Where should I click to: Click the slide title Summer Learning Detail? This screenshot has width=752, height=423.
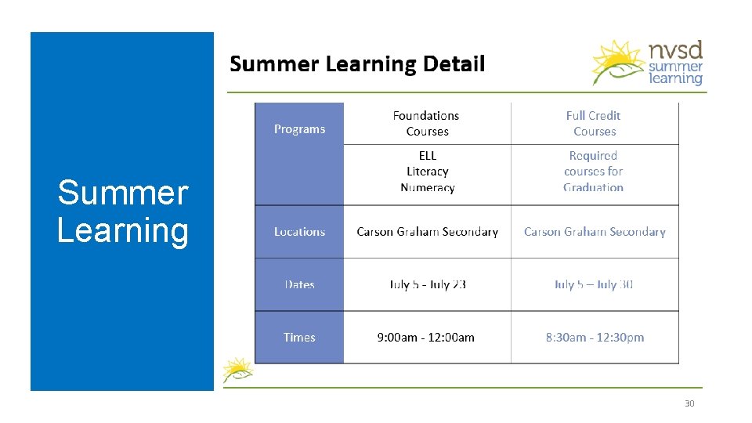click(x=357, y=63)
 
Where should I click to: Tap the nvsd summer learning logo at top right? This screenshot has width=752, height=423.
click(x=649, y=63)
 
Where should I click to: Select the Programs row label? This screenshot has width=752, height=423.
click(x=299, y=129)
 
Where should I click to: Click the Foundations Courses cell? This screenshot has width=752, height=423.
click(x=427, y=124)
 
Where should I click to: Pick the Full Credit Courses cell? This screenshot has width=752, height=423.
click(x=594, y=124)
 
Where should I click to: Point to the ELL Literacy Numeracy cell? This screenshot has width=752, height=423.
click(x=427, y=172)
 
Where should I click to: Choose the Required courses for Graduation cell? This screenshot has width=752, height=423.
click(x=594, y=172)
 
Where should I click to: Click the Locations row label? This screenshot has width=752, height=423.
click(x=299, y=232)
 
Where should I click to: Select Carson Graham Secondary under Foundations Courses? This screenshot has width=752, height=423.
click(x=427, y=232)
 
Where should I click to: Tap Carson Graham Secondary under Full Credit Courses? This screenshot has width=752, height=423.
click(x=595, y=232)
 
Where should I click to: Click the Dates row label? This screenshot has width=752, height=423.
click(x=299, y=284)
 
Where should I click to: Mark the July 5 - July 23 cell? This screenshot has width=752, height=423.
click(x=428, y=284)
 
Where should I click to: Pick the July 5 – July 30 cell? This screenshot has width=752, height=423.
click(x=594, y=284)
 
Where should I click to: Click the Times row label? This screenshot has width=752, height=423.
click(x=299, y=338)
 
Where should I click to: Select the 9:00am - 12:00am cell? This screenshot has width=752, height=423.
click(x=426, y=338)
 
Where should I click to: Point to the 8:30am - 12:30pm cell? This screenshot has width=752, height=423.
click(x=595, y=338)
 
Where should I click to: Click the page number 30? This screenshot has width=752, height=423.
click(x=689, y=403)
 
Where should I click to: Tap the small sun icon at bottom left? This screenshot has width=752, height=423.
click(x=237, y=370)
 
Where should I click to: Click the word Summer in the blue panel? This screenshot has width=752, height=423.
click(x=123, y=193)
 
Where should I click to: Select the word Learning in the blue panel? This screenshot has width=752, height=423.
click(x=123, y=230)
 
